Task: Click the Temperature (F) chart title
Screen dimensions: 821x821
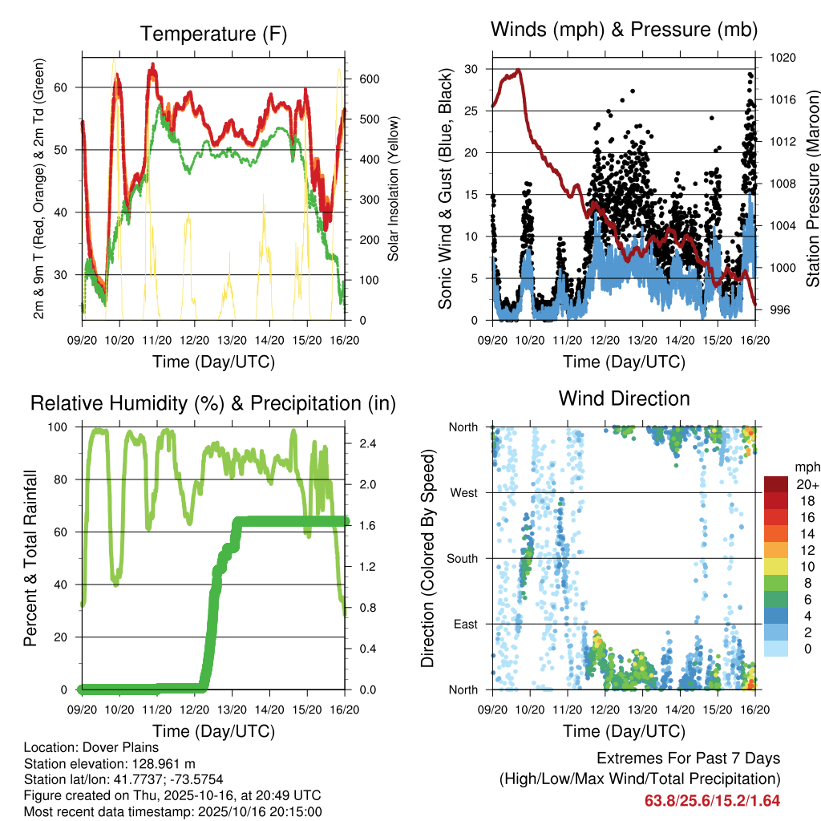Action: click(x=212, y=34)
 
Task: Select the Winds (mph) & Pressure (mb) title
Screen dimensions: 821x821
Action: click(x=624, y=30)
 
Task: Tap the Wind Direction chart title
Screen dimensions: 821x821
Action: click(x=624, y=398)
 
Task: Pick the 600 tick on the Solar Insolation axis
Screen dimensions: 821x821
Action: click(x=368, y=79)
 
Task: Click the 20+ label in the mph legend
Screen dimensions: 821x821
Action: click(x=806, y=484)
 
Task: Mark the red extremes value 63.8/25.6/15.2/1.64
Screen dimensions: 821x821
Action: click(x=712, y=800)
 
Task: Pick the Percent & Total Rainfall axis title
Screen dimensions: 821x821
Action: click(x=31, y=558)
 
